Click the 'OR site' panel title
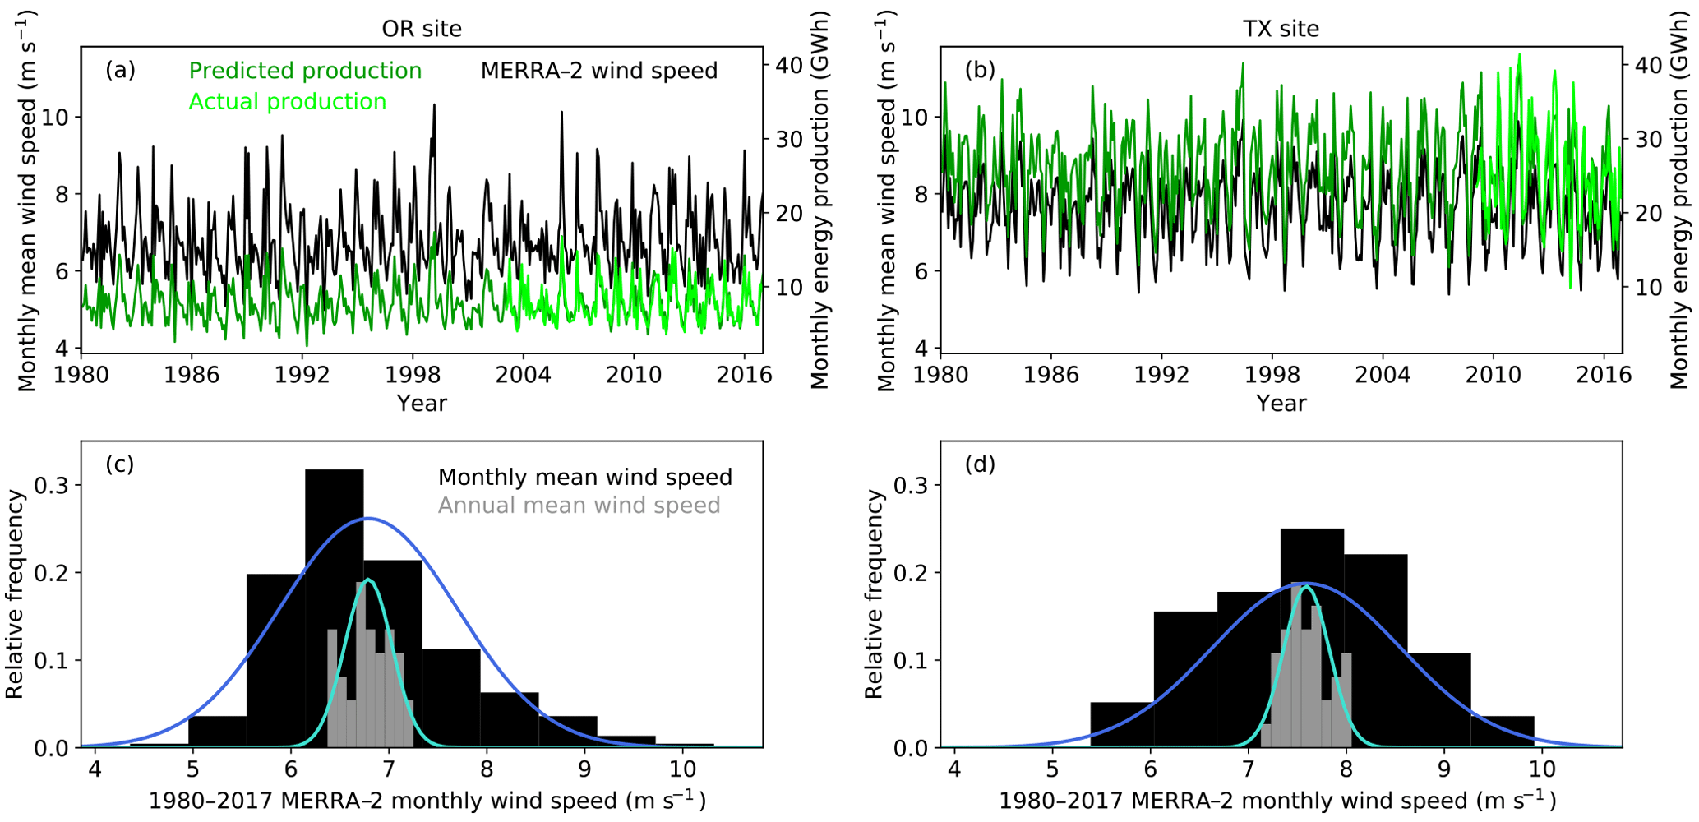point(422,29)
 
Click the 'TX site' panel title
point(1281,29)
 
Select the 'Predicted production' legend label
point(305,71)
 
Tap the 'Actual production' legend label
point(287,102)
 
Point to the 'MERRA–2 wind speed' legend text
point(598,71)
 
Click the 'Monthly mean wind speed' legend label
point(584,478)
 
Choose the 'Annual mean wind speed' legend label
point(579,506)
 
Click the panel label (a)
point(120,70)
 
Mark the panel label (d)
point(980,464)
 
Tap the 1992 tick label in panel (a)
point(302,375)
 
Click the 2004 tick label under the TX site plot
point(1383,375)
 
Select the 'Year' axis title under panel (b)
point(1281,404)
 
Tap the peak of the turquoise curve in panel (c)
point(369,580)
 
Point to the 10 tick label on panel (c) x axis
point(682,769)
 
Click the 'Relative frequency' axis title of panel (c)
point(15,594)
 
